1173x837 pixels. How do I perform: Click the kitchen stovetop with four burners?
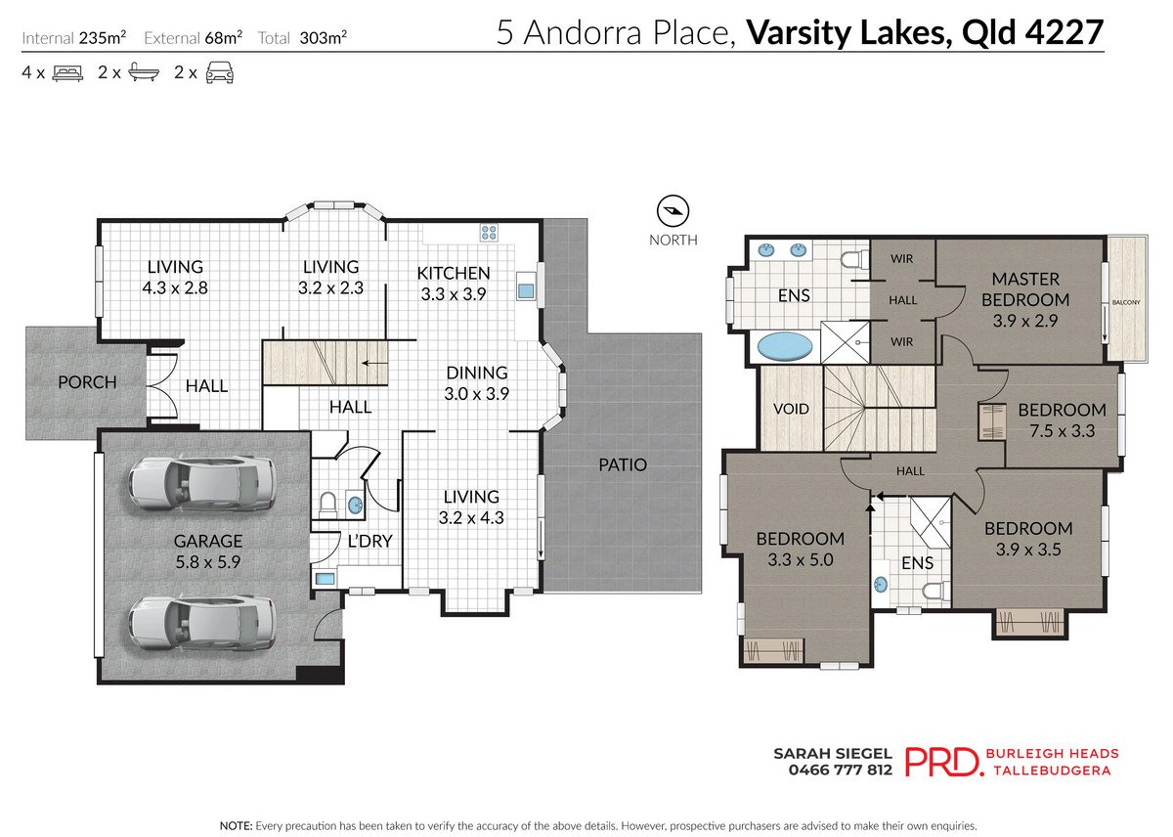tap(489, 233)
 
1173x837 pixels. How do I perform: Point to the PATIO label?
tap(623, 464)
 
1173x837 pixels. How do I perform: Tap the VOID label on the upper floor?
tap(791, 409)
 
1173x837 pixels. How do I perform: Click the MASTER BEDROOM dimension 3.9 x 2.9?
tap(1025, 320)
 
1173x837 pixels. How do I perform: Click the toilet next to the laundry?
tap(327, 504)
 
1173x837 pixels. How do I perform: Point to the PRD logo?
tap(943, 761)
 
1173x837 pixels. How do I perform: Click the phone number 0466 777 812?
tap(840, 770)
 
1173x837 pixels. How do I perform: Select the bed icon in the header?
tap(66, 73)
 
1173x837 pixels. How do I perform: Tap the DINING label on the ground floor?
tap(477, 373)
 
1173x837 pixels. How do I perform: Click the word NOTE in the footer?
tap(236, 825)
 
